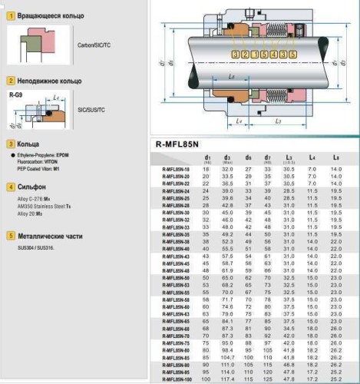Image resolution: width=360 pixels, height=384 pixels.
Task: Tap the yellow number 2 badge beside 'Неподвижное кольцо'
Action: [x=10, y=80]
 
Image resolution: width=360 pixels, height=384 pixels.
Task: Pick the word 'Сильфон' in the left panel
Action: [x=32, y=186]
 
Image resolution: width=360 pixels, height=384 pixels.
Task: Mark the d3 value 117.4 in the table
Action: [x=228, y=379]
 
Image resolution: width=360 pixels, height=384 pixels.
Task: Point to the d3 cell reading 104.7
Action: [x=228, y=358]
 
